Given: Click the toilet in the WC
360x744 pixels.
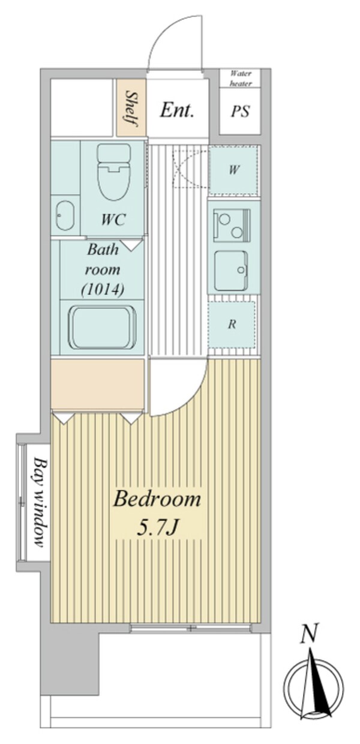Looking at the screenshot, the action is pos(113,172).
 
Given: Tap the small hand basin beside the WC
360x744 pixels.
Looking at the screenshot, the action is pos(65,215).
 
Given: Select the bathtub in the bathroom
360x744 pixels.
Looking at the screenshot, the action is pos(103,328).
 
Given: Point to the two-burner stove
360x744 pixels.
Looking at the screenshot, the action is pos(232,226).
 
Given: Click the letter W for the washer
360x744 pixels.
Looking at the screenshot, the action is pos(233,170).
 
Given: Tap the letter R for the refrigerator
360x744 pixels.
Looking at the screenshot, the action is pos(232,324).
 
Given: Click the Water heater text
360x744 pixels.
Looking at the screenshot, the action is pos(241,79).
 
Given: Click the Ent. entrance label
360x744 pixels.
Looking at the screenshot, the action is pos(176,110).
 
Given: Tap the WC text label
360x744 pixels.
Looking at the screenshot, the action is pos(113,220).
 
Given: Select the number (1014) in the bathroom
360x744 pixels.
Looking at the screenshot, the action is pos(103,290).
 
